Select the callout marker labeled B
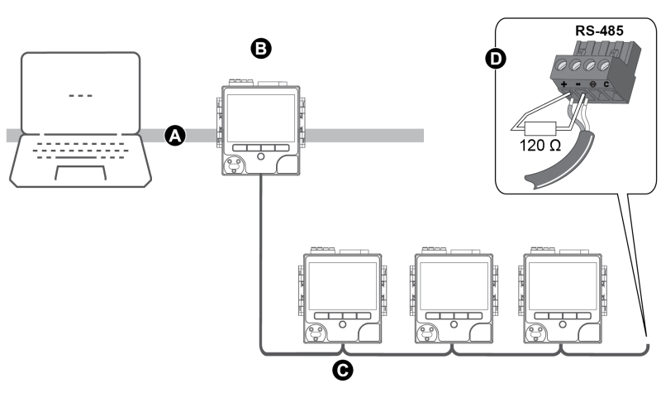tap(260, 50)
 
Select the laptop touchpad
tap(80, 172)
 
